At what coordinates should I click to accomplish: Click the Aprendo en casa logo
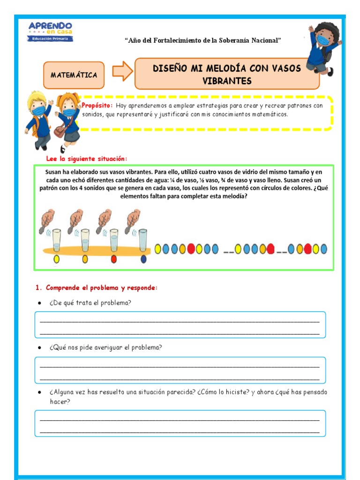tap(50, 31)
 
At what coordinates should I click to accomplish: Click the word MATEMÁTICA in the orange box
tap(74, 75)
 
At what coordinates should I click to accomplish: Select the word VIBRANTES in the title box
tap(227, 81)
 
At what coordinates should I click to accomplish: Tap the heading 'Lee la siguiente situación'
tap(87, 158)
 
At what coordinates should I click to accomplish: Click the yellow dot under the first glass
tap(57, 259)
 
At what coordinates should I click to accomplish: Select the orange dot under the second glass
tap(85, 259)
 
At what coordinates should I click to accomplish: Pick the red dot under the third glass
tap(113, 259)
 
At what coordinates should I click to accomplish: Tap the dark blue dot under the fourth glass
tap(143, 259)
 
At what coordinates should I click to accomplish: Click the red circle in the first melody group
tap(191, 249)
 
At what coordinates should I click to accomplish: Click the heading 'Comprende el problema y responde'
tap(97, 287)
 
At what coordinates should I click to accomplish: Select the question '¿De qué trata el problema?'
tap(90, 303)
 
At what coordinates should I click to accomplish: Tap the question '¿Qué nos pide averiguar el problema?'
tap(106, 347)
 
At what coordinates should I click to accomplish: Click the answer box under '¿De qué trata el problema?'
tap(180, 325)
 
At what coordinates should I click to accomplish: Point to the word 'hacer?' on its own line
tap(60, 402)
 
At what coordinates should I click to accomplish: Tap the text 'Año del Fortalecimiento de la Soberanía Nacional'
tap(202, 40)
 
